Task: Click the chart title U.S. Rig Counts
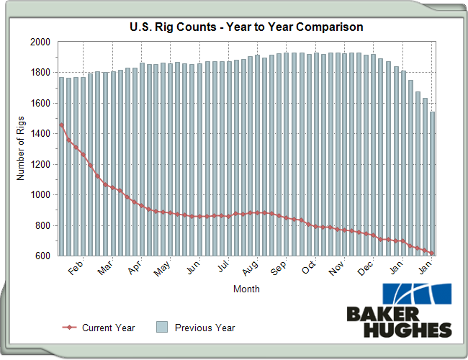click(x=246, y=27)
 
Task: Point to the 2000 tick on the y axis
click(x=40, y=42)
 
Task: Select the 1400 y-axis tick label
click(x=40, y=134)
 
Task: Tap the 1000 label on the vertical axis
click(x=40, y=195)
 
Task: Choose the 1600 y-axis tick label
click(x=40, y=103)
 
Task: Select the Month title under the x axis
click(x=246, y=289)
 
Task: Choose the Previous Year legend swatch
click(x=163, y=328)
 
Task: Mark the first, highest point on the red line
click(x=61, y=125)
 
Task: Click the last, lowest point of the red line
click(x=432, y=253)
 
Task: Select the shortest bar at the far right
click(x=432, y=184)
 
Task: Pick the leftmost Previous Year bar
click(x=61, y=166)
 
